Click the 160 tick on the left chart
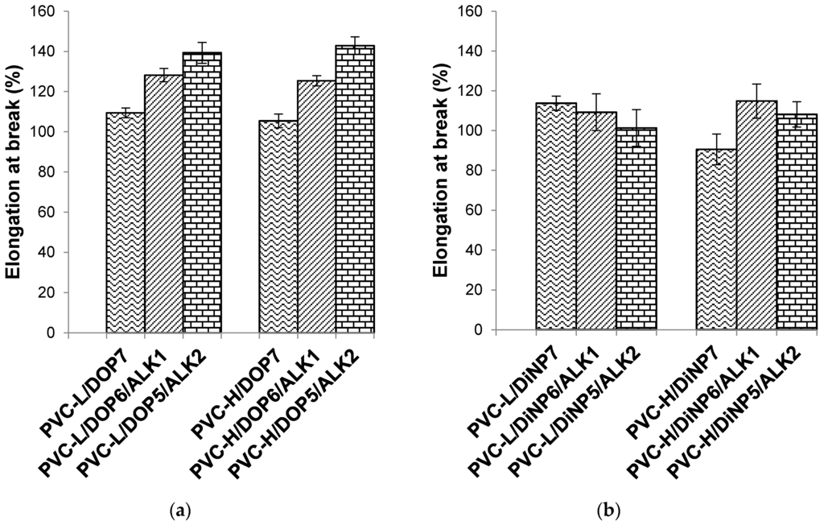click(47, 12)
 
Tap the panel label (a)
click(182, 509)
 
